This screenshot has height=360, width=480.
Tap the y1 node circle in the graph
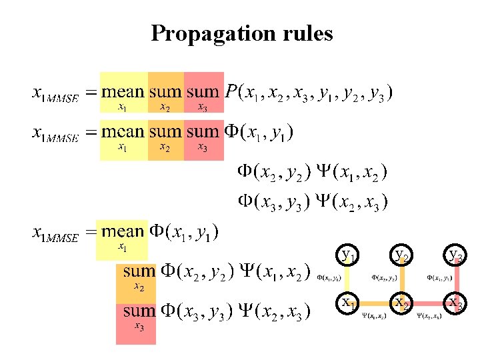coord(348,255)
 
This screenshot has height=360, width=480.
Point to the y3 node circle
coord(456,255)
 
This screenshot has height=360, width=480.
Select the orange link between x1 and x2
coord(375,303)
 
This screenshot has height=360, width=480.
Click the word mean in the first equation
coord(123,92)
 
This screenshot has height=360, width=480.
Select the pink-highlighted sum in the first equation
coord(203,92)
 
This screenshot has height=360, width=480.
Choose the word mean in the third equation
coord(123,232)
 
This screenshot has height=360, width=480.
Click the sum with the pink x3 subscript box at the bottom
coord(139,311)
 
